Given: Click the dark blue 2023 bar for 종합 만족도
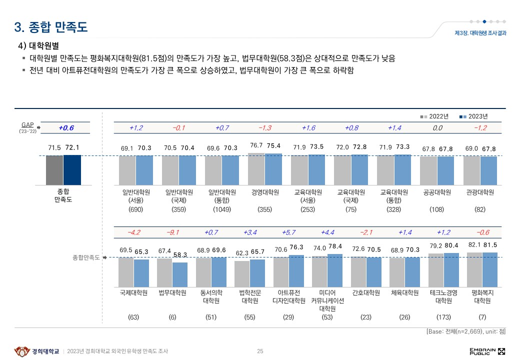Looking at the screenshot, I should [72, 169].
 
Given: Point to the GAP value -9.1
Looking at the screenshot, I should [173, 232].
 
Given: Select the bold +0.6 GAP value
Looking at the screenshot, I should [66, 128].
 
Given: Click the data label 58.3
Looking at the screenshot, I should [180, 255].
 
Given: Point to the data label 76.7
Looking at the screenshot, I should [256, 145].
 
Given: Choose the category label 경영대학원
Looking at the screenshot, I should [264, 192].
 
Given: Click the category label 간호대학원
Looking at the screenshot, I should [366, 293].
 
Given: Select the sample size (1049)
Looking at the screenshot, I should [221, 210].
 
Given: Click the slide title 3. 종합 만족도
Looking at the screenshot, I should [51, 27].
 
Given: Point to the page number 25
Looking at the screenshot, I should [260, 351].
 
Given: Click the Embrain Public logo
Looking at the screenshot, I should [487, 351].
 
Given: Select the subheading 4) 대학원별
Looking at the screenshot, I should [38, 46].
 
